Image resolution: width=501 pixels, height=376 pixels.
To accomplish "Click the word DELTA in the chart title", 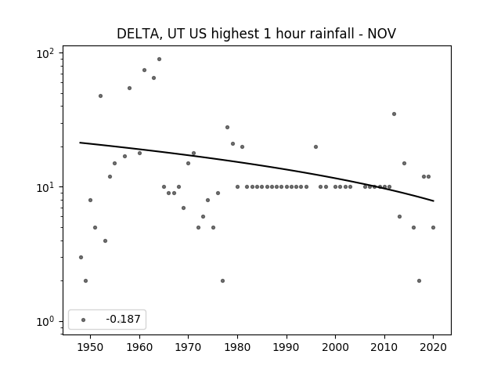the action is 138,34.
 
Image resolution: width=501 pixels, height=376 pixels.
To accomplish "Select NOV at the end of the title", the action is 382,34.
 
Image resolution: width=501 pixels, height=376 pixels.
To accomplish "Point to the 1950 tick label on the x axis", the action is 91,347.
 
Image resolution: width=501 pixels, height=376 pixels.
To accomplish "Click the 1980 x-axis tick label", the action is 237,347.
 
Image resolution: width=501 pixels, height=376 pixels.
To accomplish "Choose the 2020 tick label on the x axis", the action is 433,347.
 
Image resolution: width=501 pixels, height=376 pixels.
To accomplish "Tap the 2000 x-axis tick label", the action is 335,347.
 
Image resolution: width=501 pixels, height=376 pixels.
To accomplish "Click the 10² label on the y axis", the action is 45,53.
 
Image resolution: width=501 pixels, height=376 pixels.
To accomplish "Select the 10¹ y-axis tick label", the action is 45,187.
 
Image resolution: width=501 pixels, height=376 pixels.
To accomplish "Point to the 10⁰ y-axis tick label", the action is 45,321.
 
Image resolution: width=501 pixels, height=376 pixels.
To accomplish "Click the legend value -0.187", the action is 123,319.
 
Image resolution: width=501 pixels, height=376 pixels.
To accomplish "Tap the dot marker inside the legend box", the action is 84,320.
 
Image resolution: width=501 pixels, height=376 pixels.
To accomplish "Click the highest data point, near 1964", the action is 159,60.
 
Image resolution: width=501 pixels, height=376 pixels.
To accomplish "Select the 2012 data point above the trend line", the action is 394,114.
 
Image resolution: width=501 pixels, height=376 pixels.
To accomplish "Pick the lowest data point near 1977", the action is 222,280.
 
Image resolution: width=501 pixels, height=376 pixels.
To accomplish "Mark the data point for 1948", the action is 81,258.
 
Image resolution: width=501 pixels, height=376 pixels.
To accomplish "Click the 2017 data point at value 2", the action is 419,280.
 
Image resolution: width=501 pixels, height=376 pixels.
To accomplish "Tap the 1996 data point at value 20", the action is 315,147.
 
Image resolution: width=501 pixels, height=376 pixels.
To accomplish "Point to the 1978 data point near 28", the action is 228,127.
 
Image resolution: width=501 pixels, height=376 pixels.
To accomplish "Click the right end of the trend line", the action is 434,201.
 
